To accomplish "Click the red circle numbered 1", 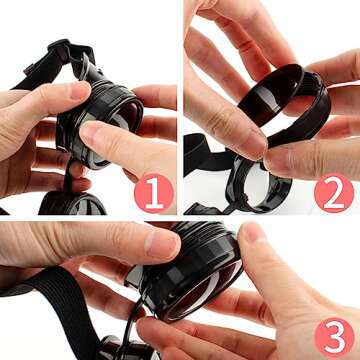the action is [154, 193].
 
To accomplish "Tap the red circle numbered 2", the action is [334, 193].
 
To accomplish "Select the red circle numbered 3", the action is [334, 337].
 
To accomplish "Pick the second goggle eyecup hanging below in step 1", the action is [72, 203].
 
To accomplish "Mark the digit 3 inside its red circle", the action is [334, 338].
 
